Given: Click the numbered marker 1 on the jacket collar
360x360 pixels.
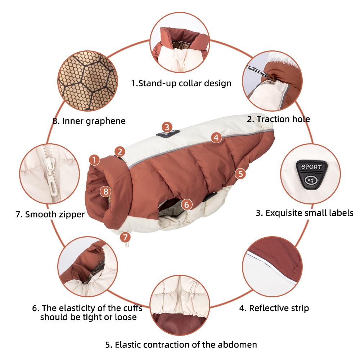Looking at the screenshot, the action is [94, 159].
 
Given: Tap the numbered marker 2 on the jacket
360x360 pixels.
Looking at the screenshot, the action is [120, 152].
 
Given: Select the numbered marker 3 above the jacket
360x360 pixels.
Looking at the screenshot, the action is [167, 127].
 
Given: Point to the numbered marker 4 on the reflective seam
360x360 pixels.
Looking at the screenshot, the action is [216, 138].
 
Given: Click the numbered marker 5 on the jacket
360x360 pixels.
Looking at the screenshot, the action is [240, 174].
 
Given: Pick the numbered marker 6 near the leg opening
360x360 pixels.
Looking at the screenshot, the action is [186, 204].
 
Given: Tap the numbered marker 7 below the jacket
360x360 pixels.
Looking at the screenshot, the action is [125, 237].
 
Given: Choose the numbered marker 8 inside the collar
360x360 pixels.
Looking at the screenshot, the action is [105, 191].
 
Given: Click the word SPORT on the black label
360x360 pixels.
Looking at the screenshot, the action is [311, 167].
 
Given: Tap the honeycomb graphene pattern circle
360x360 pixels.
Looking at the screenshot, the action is [88, 81].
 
